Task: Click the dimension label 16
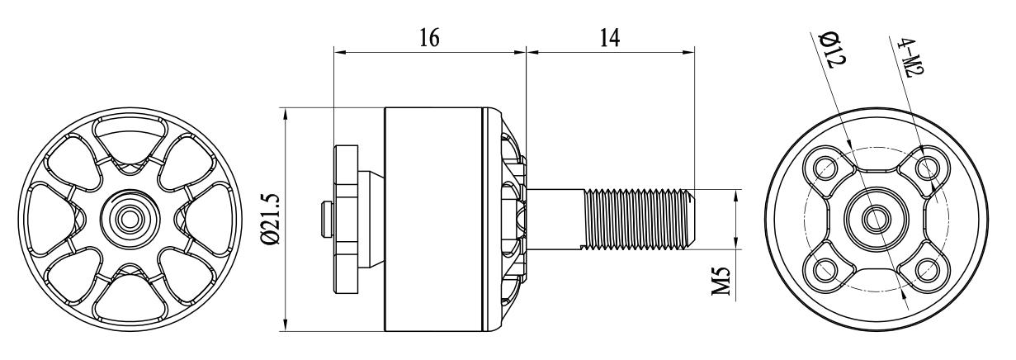pos(429,38)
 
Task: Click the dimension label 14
pos(610,38)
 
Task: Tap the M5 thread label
pos(721,281)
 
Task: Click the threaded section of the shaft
pos(637,220)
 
